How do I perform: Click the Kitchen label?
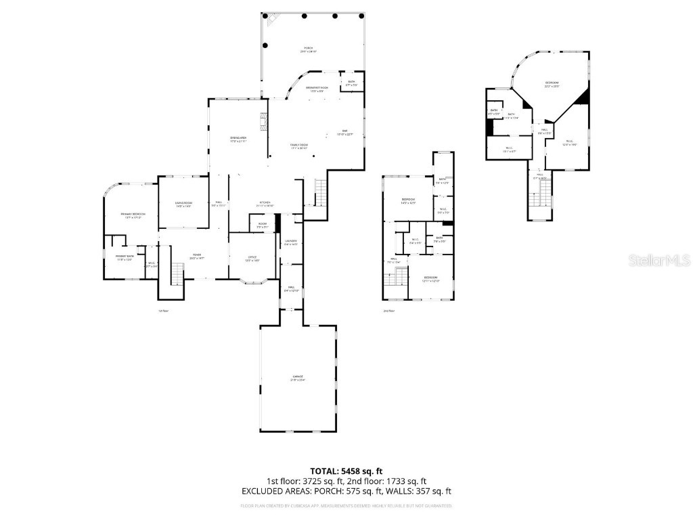(x=265, y=204)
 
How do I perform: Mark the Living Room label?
(x=183, y=205)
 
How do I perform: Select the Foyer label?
(x=196, y=256)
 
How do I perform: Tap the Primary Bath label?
(x=125, y=257)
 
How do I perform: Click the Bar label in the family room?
(x=344, y=132)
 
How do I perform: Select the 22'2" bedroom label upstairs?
(x=552, y=85)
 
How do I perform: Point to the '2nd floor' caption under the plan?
(x=388, y=311)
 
